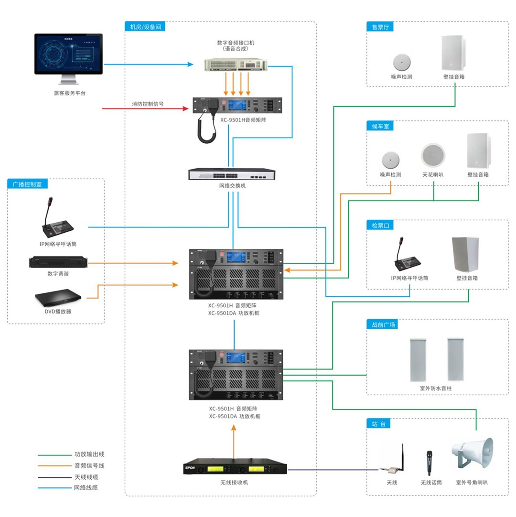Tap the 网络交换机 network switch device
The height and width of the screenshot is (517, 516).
coord(232,174)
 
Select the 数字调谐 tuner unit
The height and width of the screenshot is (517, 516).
coord(58,263)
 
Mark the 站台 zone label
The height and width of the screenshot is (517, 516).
coord(379,424)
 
